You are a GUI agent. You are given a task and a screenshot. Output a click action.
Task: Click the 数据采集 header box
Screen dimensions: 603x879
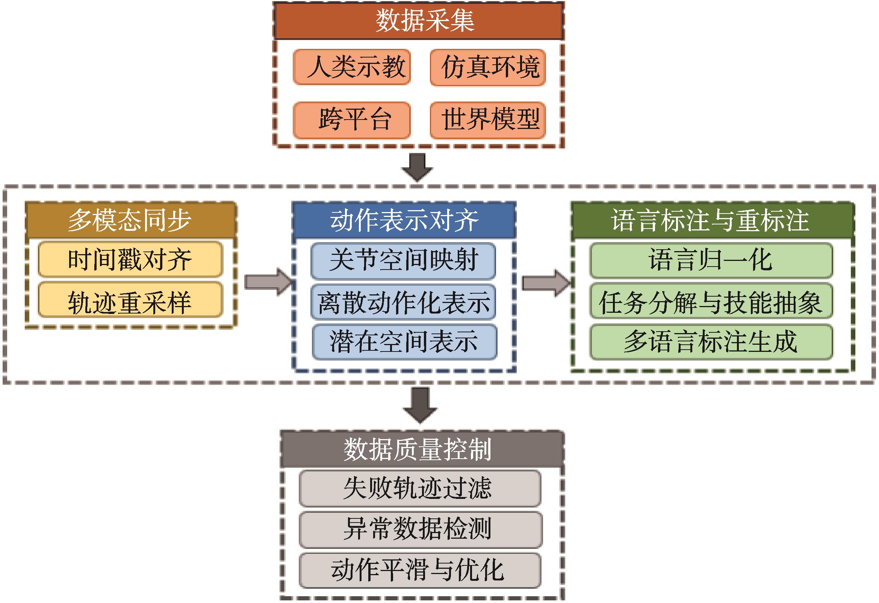click(418, 21)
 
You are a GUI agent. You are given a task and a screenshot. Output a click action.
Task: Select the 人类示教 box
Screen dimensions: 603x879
click(352, 67)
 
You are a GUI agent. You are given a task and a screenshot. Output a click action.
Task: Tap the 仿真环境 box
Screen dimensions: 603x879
click(487, 67)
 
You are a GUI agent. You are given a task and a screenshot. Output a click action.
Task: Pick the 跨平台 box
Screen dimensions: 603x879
click(352, 120)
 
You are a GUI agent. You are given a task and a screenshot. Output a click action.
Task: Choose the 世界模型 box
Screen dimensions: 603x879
click(487, 120)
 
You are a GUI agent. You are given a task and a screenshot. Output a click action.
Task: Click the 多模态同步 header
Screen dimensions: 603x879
click(131, 220)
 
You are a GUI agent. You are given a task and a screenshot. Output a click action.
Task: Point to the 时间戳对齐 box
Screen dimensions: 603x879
click(130, 260)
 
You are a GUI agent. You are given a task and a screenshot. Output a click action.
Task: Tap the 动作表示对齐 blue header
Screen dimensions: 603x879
click(404, 220)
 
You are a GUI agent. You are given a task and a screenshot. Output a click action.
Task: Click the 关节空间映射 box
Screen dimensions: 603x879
click(403, 260)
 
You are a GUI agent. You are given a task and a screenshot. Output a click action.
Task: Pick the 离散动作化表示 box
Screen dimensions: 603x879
click(403, 302)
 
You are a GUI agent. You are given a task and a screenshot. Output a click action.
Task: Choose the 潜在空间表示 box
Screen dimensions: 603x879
click(404, 342)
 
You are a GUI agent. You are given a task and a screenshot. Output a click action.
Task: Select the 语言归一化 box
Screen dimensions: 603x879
click(711, 260)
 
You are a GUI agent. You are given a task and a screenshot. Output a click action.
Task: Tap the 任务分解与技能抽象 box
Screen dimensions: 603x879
click(711, 302)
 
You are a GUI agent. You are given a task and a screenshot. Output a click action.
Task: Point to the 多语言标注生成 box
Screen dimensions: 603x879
click(711, 342)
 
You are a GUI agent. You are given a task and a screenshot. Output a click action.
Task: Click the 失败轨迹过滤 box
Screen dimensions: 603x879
click(420, 488)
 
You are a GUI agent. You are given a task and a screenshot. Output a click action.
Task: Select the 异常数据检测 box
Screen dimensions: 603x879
click(420, 530)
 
